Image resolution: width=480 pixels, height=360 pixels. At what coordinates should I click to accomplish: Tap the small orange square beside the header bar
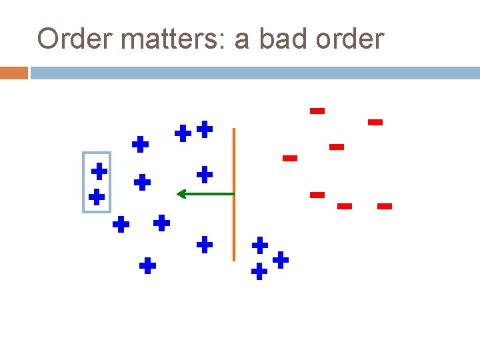coord(13,73)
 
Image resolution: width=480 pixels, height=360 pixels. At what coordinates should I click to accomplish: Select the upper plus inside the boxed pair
coord(99,171)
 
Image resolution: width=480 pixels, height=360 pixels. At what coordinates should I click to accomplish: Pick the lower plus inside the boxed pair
coord(97,197)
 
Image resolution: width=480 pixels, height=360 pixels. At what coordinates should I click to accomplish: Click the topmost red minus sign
coord(317,111)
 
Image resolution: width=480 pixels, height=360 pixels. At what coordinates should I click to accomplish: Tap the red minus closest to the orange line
coord(289,158)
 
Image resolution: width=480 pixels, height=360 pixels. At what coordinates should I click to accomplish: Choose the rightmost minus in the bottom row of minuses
coord(385,207)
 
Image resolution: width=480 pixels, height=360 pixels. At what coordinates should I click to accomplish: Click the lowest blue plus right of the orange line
coord(259,271)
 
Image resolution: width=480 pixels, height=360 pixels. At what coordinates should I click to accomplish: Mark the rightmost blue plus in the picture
coord(281,259)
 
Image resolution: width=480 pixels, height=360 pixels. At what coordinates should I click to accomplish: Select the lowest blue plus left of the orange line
coord(147,267)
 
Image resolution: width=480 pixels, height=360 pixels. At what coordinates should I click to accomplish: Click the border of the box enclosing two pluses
coord(83,182)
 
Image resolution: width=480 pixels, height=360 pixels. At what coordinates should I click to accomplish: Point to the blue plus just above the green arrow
coord(205,175)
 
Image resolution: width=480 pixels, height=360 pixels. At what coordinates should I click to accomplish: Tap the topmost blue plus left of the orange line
coord(205,129)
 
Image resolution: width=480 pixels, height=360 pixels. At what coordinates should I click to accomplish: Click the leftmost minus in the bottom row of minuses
coord(317,195)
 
